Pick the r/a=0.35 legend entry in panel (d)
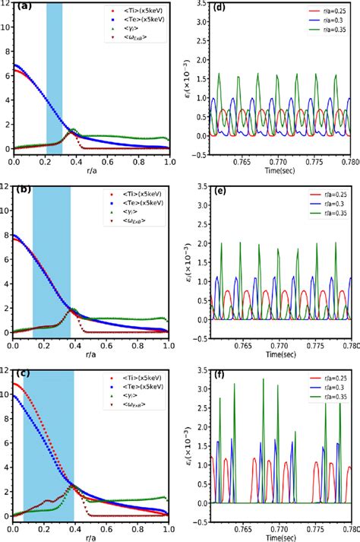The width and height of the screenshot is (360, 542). click(x=329, y=30)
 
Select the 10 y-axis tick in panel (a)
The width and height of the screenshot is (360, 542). click(x=6, y=27)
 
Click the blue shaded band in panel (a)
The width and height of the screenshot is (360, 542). click(x=55, y=76)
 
